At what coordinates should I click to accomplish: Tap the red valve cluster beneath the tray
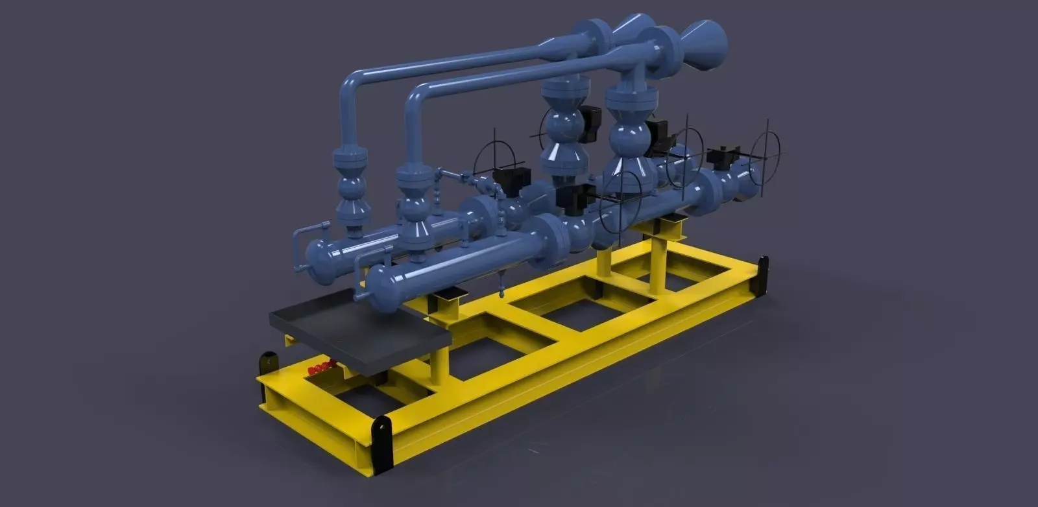[320, 368]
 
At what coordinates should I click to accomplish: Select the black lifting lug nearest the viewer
[381, 445]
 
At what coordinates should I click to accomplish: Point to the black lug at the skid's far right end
[763, 275]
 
